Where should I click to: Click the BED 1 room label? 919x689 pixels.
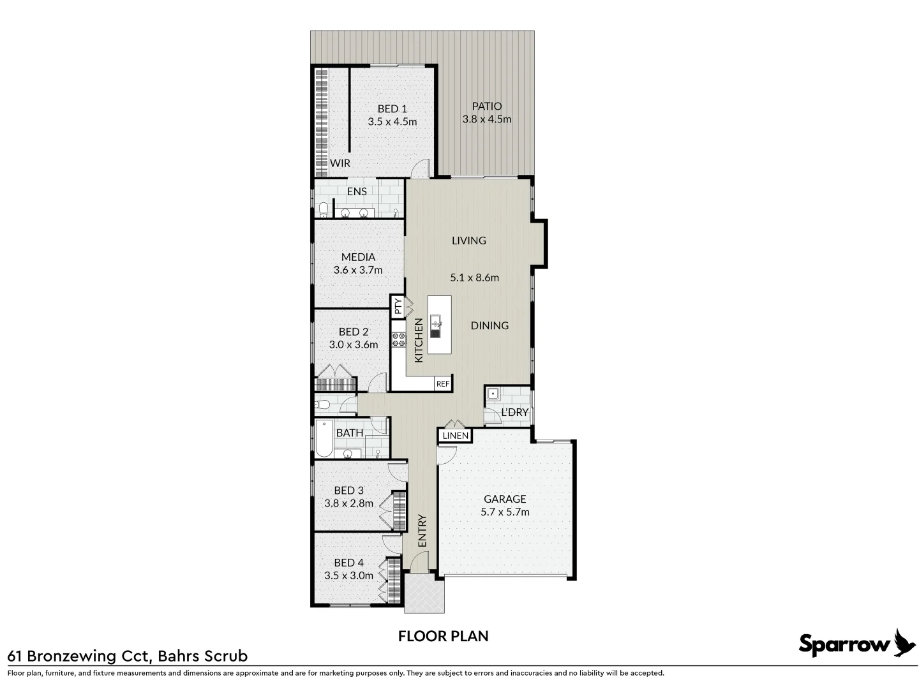[392, 109]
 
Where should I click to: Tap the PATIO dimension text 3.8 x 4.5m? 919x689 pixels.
[486, 119]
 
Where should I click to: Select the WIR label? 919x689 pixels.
[340, 163]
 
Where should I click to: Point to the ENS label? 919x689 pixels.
[357, 191]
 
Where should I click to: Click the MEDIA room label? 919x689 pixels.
[358, 257]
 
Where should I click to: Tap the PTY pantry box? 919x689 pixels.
[398, 307]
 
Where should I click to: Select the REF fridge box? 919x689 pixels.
[443, 384]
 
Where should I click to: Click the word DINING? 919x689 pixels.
[489, 325]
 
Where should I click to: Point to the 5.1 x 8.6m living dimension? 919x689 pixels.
[474, 278]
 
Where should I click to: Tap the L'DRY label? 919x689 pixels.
[514, 412]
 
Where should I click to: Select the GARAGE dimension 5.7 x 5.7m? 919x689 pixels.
[505, 512]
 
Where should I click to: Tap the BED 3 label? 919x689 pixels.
[348, 491]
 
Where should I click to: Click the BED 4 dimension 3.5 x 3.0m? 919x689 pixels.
[348, 575]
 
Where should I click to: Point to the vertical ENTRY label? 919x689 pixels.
[422, 531]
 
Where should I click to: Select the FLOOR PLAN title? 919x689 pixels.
[443, 636]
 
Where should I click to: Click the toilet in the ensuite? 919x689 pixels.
[324, 209]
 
